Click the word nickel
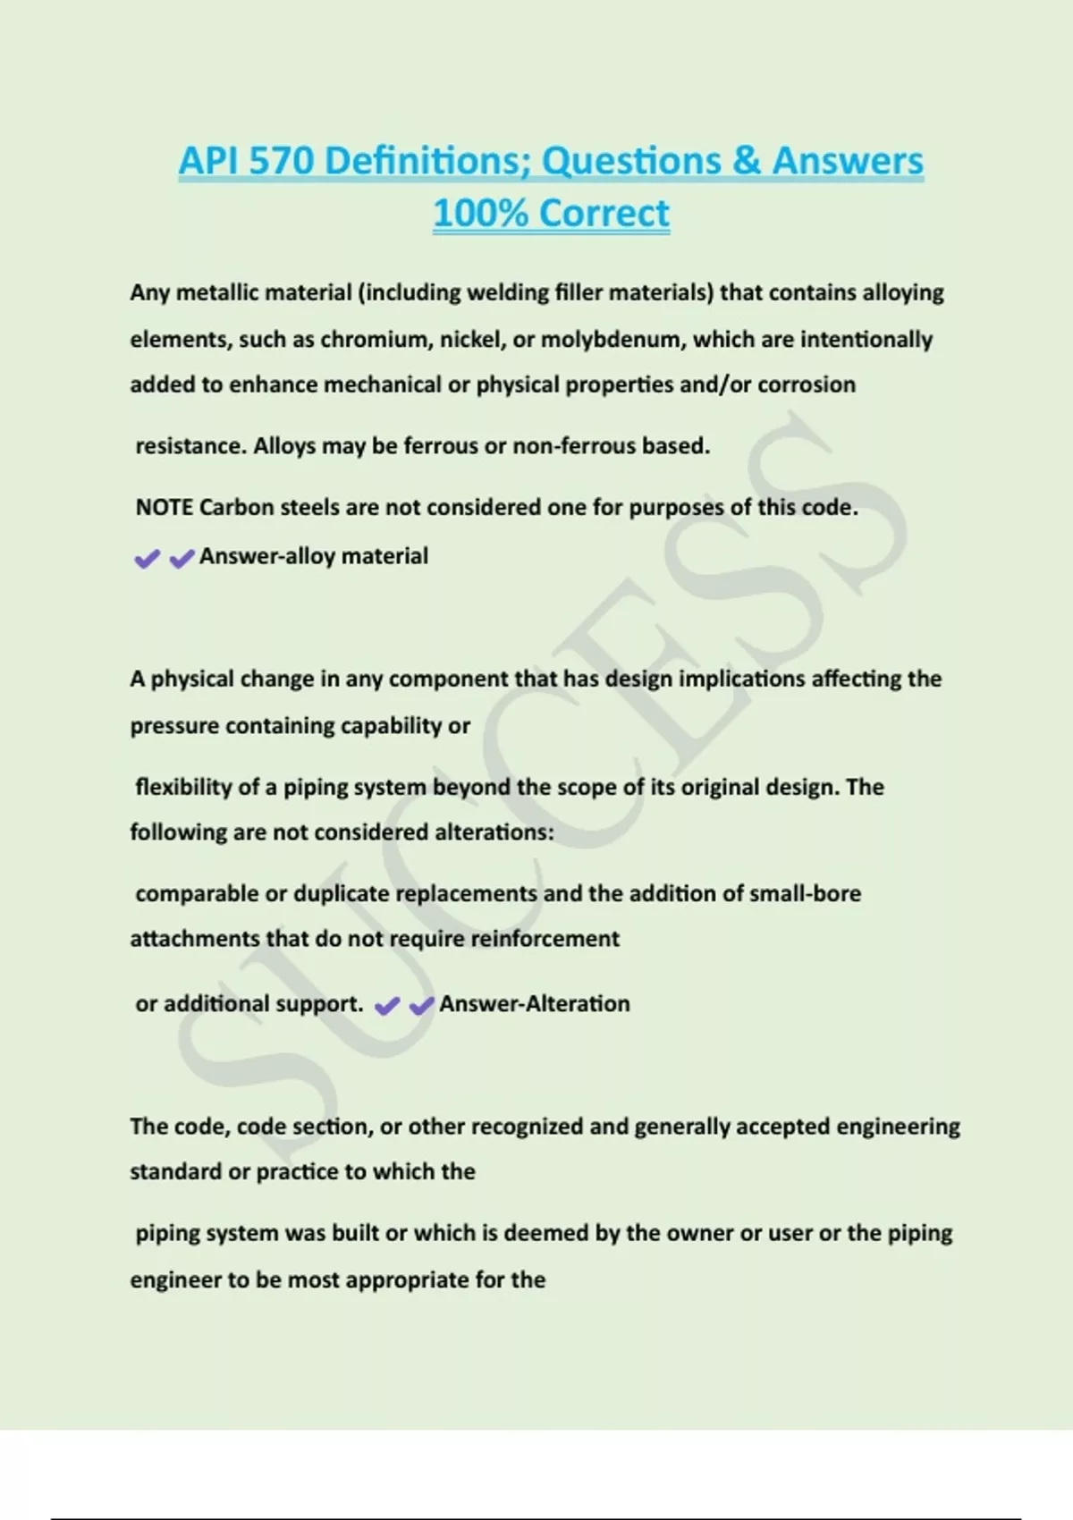[471, 340]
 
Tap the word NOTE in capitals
[165, 508]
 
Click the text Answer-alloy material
[313, 556]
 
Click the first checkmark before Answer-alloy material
[147, 560]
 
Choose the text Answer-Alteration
[534, 1004]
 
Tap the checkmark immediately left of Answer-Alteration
[421, 1007]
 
